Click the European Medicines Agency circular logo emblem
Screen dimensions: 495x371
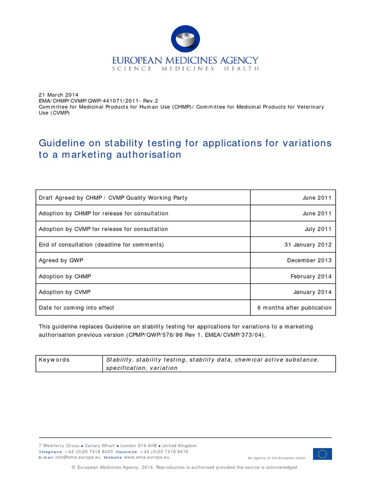coord(185,39)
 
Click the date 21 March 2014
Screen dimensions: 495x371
coord(58,95)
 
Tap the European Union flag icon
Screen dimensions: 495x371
coord(322,454)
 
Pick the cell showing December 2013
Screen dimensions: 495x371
coord(309,261)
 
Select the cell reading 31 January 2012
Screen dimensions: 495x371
coord(308,245)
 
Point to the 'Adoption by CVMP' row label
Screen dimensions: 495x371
coord(65,292)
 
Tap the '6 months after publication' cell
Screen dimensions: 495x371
coord(294,307)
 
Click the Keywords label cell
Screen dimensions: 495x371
coord(54,360)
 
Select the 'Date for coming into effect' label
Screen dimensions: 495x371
coord(76,307)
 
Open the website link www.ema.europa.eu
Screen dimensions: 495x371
coord(146,457)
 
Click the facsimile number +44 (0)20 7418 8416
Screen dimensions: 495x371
coord(164,451)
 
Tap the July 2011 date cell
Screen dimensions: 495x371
coord(318,229)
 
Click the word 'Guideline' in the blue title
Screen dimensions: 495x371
coord(59,144)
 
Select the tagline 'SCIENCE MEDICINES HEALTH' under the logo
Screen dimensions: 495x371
coord(185,69)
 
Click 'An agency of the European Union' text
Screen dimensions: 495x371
coord(277,457)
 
